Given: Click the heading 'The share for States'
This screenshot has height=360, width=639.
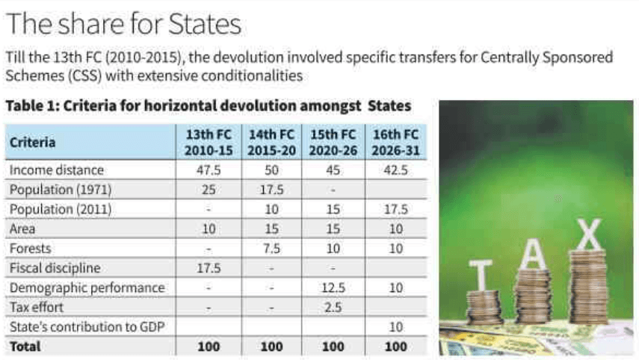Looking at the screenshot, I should (123, 24).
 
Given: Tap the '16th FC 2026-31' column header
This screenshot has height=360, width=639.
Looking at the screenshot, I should (396, 142).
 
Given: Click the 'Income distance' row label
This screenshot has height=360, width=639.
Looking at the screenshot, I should (57, 170).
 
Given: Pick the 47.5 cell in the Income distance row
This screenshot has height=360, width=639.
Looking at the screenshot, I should (209, 170).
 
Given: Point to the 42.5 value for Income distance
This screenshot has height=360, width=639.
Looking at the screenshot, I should (396, 170).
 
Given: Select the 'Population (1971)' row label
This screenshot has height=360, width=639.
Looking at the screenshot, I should (60, 190).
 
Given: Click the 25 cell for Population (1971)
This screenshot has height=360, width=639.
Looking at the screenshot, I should (209, 190).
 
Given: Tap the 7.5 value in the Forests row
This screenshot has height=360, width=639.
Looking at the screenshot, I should (271, 249).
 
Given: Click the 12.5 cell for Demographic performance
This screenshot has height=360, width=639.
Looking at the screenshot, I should (333, 288).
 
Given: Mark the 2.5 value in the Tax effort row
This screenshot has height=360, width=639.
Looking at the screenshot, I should (333, 307).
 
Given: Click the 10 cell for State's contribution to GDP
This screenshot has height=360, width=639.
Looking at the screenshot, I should (396, 326).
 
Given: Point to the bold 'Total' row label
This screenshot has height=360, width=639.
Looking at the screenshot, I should (25, 347).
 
